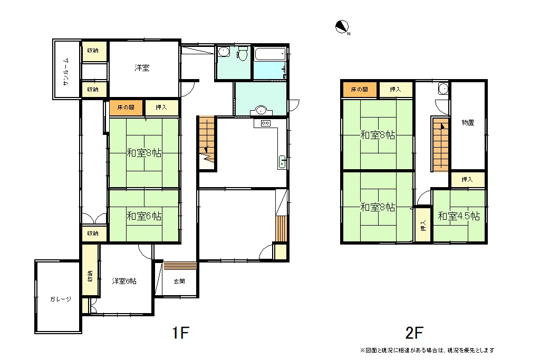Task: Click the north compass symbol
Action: (342, 27)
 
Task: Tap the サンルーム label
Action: (66, 72)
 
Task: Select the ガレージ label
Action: (61, 299)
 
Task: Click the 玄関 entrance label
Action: (179, 281)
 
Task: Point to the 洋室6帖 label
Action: (124, 281)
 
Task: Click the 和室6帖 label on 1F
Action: (144, 216)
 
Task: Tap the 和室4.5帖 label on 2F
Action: (459, 216)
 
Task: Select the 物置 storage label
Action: (468, 122)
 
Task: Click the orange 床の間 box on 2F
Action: (360, 90)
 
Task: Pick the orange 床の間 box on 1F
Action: (126, 108)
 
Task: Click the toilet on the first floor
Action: (243, 54)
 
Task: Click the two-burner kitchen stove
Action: (266, 123)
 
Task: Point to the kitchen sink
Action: (282, 162)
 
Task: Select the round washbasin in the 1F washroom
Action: (261, 111)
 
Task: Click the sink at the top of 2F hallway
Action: (443, 89)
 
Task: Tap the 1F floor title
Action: (180, 333)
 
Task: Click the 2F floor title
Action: (414, 333)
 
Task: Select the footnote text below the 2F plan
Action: (427, 351)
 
